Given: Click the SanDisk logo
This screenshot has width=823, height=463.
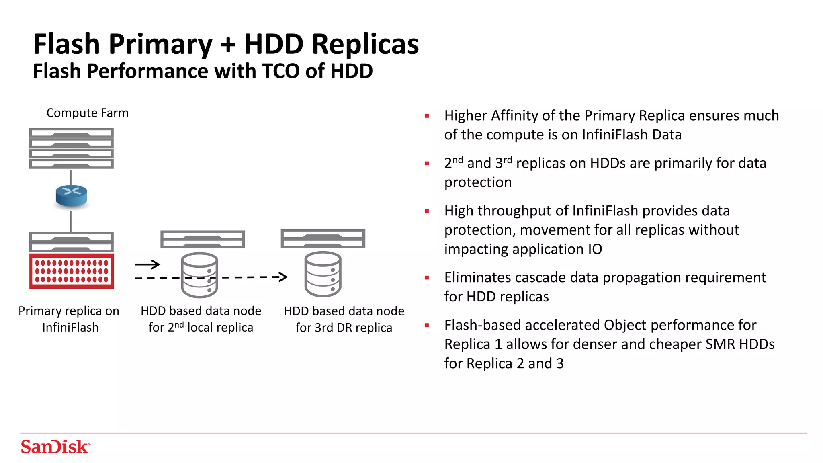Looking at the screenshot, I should pyautogui.click(x=55, y=447).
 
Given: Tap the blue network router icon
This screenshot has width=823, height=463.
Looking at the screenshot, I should pyautogui.click(x=71, y=196).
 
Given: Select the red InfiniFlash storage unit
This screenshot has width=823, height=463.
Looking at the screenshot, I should pyautogui.click(x=72, y=271).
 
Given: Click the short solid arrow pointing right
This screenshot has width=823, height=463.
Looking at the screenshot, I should pyautogui.click(x=147, y=264).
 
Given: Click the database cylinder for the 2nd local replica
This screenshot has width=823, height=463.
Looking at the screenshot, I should pyautogui.click(x=199, y=275).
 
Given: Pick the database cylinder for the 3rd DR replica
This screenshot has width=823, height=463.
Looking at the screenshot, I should pyautogui.click(x=323, y=275).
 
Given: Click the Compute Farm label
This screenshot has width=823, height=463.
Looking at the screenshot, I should pyautogui.click(x=87, y=113).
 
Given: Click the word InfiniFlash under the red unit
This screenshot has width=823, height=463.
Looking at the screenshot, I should pyautogui.click(x=70, y=328).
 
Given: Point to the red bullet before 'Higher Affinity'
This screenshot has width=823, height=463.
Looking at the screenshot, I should pyautogui.click(x=427, y=116).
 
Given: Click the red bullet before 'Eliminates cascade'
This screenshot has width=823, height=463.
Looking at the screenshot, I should pyautogui.click(x=427, y=278).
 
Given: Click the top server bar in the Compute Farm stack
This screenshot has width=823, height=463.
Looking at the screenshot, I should pyautogui.click(x=72, y=133).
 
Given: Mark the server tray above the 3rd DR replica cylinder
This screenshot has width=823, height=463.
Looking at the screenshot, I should pyautogui.click(x=323, y=239).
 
